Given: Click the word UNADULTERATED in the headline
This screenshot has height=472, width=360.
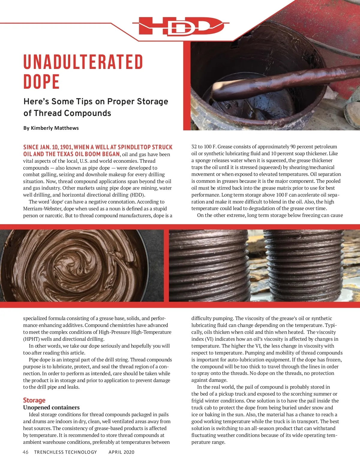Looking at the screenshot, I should pyautogui.click(x=83, y=62).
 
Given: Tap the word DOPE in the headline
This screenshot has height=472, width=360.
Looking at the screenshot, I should pyautogui.click(x=41, y=82).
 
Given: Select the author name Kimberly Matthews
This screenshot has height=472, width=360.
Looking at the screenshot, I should pyautogui.click(x=55, y=128).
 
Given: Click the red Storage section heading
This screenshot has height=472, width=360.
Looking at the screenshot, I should pyautogui.click(x=34, y=400).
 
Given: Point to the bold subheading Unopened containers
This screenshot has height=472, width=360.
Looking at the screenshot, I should pyautogui.click(x=51, y=408).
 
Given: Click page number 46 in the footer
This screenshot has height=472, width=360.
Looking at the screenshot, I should pyautogui.click(x=25, y=452).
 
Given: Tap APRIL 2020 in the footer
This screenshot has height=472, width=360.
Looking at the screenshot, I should pyautogui.click(x=121, y=452).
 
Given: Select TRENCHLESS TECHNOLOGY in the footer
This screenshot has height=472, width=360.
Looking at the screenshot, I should pyautogui.click(x=65, y=452).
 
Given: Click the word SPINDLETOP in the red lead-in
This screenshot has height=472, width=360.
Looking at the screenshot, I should pyautogui.click(x=134, y=147).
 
